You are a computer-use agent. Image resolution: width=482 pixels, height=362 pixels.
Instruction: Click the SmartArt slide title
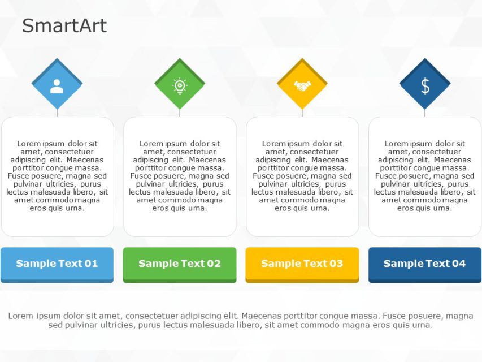[64, 26]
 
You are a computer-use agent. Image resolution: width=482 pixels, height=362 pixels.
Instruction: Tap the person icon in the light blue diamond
[57, 86]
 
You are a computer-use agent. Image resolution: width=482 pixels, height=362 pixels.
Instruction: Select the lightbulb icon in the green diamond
[180, 85]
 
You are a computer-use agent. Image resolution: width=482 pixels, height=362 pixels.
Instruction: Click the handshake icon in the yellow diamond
[302, 86]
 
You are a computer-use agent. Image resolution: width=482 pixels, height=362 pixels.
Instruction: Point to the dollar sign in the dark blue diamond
[425, 86]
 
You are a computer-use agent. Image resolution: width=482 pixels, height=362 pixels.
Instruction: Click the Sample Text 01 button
[57, 264]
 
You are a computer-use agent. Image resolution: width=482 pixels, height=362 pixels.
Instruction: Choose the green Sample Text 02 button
[180, 264]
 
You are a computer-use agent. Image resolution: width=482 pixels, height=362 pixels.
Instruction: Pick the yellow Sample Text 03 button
[302, 264]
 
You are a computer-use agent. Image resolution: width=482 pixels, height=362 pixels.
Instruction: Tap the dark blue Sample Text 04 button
[425, 264]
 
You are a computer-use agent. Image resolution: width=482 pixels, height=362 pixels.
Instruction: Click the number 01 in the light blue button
[90, 264]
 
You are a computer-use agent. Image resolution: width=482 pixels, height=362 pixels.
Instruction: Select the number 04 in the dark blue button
[458, 264]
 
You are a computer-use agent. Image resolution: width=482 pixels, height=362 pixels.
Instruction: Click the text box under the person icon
[57, 176]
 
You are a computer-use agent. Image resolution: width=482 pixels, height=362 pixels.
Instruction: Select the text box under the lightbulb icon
[180, 176]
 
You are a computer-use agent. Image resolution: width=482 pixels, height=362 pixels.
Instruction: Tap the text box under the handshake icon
[302, 176]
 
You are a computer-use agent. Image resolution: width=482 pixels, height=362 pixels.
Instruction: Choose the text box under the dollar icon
[425, 176]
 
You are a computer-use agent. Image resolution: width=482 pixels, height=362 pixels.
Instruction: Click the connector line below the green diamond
[180, 113]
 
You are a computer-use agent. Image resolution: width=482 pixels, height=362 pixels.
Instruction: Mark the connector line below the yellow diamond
[302, 113]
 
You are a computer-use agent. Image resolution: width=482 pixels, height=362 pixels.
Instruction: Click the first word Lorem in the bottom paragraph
[20, 316]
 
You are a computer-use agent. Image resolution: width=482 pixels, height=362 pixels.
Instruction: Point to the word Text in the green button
[193, 264]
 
